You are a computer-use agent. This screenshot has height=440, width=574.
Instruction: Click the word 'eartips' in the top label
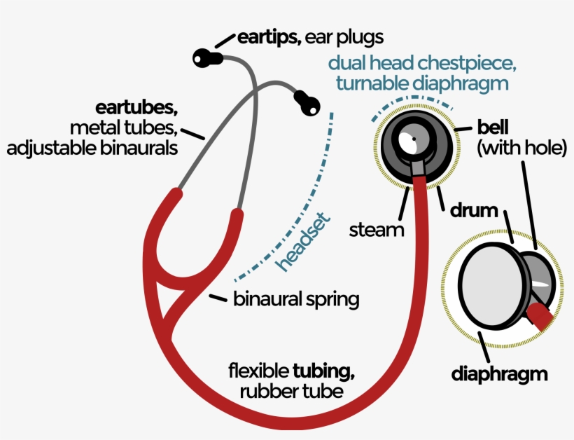coord(269,37)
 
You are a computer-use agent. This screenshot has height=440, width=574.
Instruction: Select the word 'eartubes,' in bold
coord(137,109)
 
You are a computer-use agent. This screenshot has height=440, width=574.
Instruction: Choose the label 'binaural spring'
coord(296,300)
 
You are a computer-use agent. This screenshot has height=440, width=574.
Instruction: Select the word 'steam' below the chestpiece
coord(376,229)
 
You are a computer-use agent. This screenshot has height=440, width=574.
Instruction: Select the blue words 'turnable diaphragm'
coord(421,83)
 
